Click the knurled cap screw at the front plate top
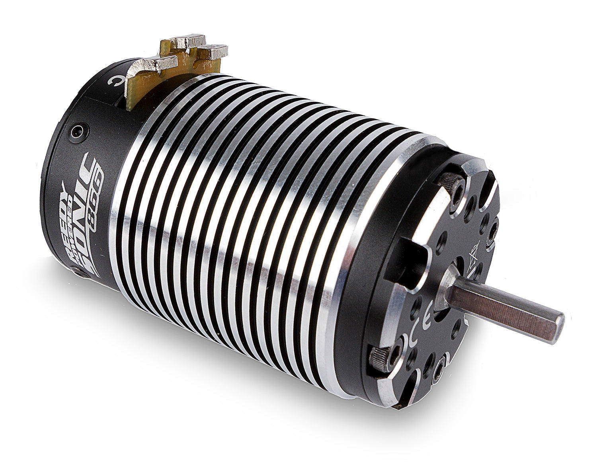[x=451, y=183]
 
